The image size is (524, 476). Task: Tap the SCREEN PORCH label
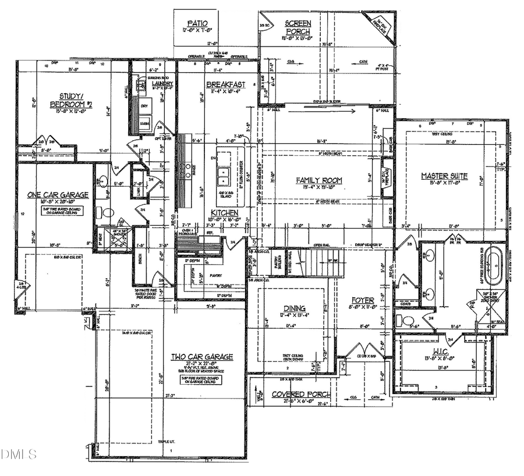[x=298, y=27]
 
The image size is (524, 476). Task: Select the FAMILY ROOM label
[x=318, y=180]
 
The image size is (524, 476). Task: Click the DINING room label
[x=295, y=308]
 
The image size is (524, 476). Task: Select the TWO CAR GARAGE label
[x=201, y=357]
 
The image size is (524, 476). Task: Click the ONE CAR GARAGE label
[x=58, y=195]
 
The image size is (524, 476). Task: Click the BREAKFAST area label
[x=225, y=84]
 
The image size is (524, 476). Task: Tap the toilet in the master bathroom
[x=406, y=321]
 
